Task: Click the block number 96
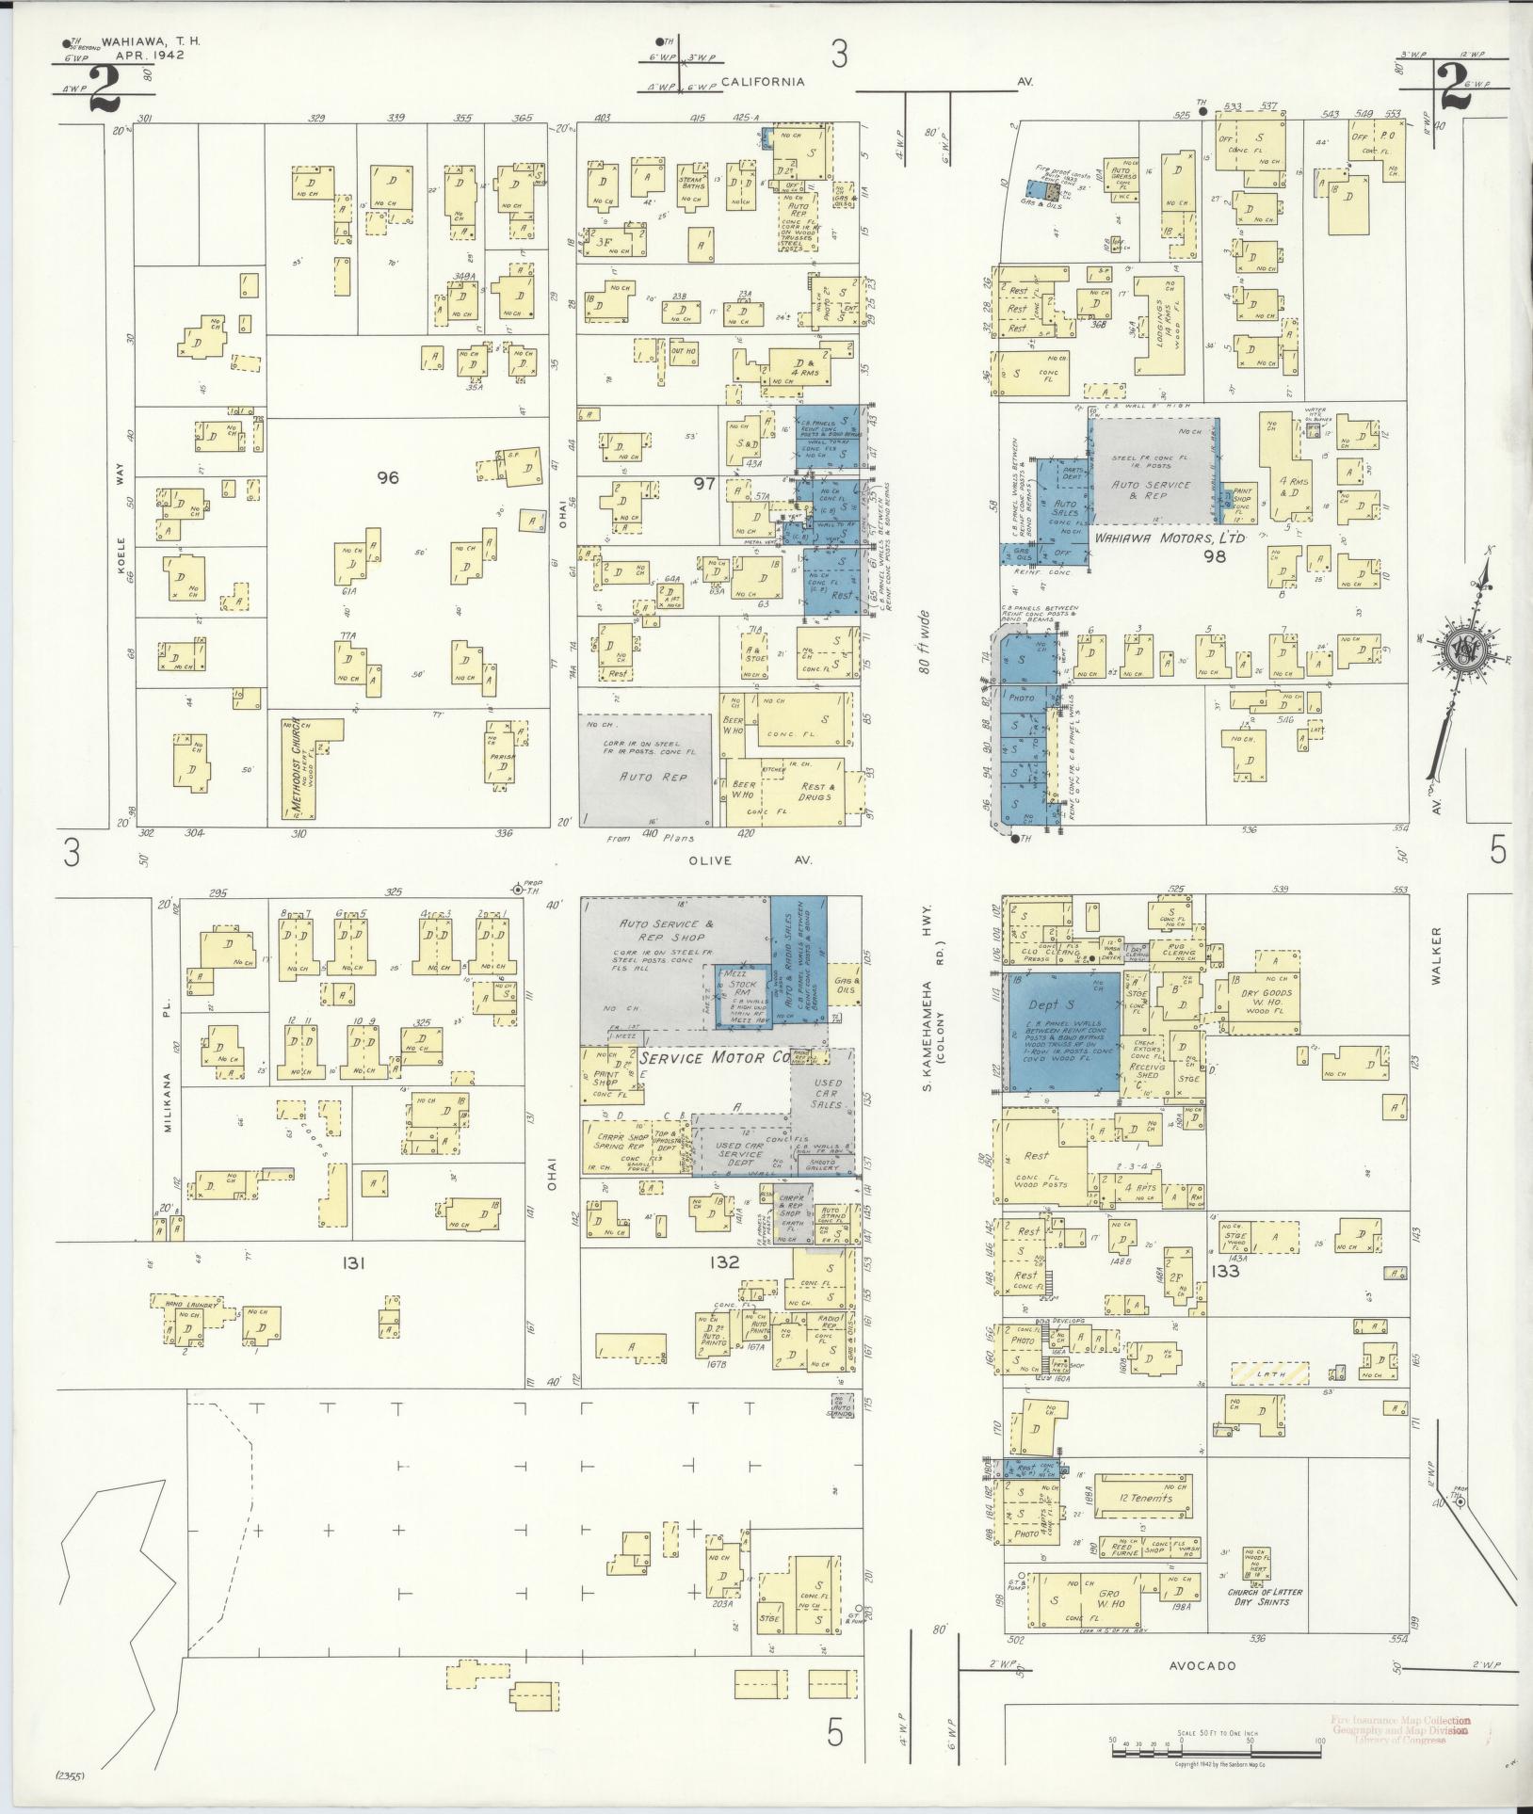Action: pyautogui.click(x=387, y=478)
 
